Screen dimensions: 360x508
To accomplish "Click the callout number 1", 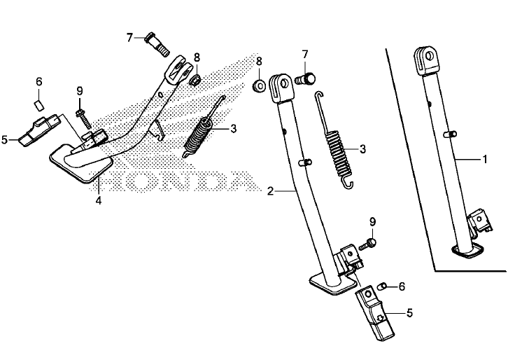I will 484,160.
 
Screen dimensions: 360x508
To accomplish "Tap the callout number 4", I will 99,200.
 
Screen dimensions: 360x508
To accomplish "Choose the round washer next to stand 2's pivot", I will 259,87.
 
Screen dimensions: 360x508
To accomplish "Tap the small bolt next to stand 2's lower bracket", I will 368,244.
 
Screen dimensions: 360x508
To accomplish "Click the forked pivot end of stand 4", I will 181,67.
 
